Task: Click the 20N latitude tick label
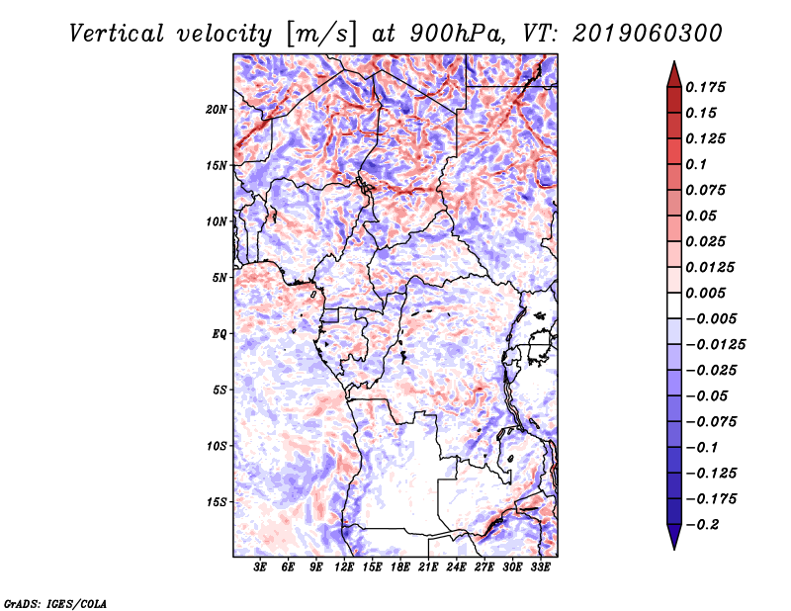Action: [x=217, y=110]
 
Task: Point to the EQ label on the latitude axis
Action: [x=220, y=334]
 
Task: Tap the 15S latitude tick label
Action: [x=217, y=502]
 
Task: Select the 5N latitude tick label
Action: [x=220, y=278]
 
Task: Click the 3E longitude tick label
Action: [x=260, y=567]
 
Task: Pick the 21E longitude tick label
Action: [x=428, y=567]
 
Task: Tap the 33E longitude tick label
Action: [x=540, y=567]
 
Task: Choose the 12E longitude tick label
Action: [x=343, y=567]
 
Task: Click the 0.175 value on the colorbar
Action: [x=706, y=87]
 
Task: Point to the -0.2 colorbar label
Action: [x=703, y=525]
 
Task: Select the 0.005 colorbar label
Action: [x=706, y=293]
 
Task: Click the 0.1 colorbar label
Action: [x=696, y=164]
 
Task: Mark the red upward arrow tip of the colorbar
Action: [x=674, y=61]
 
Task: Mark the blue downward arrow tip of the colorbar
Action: [x=674, y=549]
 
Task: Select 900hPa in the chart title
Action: [x=457, y=34]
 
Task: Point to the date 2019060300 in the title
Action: [x=648, y=34]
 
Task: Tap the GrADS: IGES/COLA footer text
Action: [x=55, y=604]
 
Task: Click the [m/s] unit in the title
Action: [x=321, y=35]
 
